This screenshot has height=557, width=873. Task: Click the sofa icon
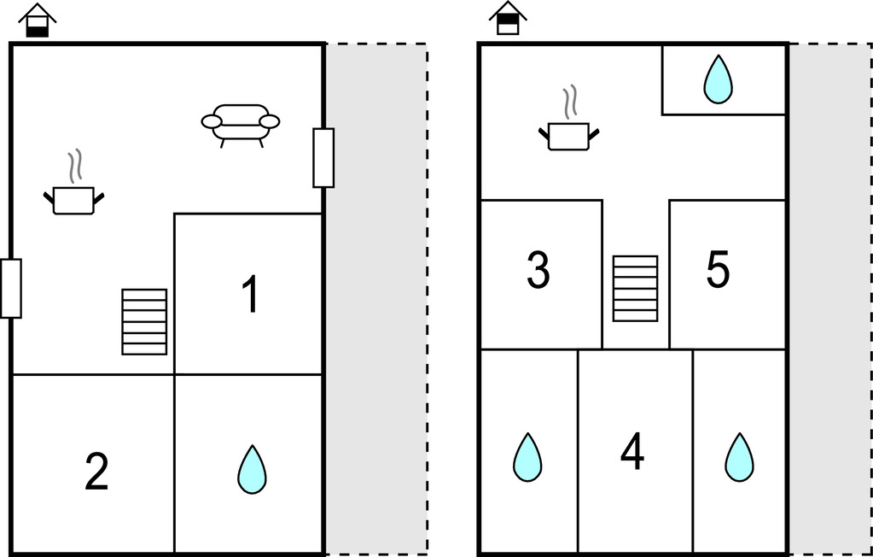tap(241, 124)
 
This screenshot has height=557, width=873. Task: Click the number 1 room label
tap(249, 296)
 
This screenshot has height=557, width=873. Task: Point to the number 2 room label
tap(96, 472)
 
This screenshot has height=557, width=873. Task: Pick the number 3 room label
tap(538, 270)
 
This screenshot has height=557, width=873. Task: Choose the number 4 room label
tap(632, 452)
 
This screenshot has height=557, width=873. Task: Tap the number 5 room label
tap(718, 270)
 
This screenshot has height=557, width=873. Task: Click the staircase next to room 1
tap(144, 321)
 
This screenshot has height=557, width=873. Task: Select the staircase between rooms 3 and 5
tap(636, 288)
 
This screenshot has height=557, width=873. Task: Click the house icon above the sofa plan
tap(38, 20)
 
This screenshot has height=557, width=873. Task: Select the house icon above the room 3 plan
tap(508, 19)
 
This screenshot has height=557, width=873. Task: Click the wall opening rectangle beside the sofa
tap(323, 157)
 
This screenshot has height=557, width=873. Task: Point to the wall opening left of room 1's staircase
tap(11, 288)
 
